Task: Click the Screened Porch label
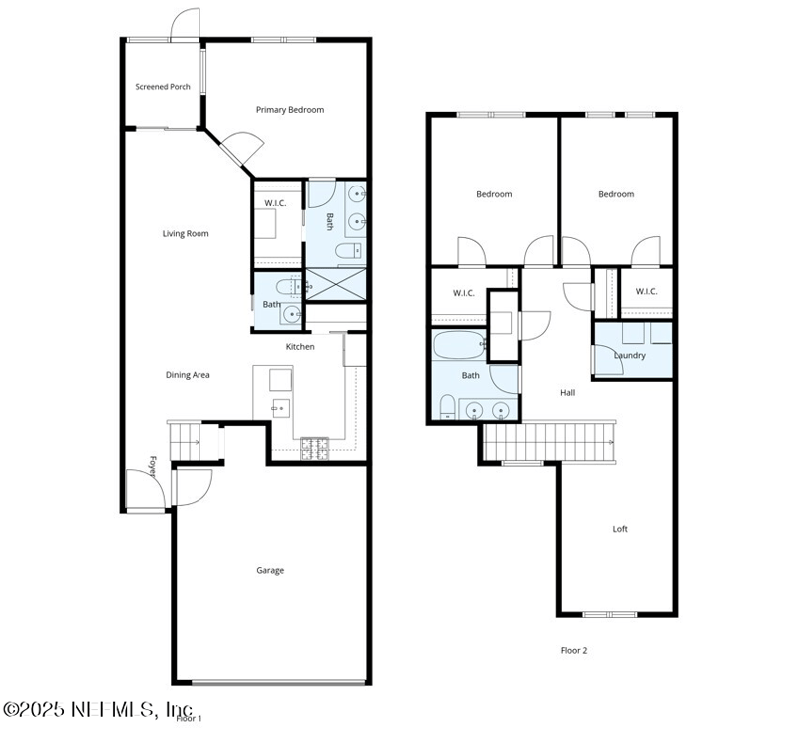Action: [x=163, y=87]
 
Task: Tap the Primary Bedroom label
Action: [x=289, y=110]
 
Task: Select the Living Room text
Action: [x=186, y=234]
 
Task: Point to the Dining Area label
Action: [x=188, y=375]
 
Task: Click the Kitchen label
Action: [x=300, y=347]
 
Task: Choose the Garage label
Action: [x=270, y=571]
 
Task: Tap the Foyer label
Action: [x=154, y=467]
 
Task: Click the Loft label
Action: [x=620, y=529]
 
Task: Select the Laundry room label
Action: [x=630, y=355]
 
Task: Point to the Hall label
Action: [x=567, y=393]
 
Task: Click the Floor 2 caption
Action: [x=573, y=650]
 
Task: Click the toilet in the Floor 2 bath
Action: [x=448, y=406]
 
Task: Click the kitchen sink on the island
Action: [x=280, y=408]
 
